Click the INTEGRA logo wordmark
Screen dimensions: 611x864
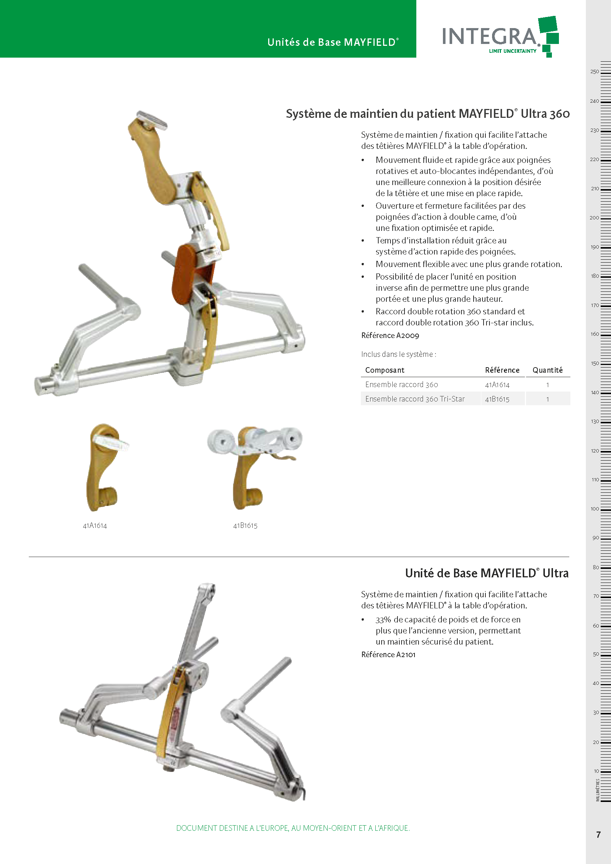(489, 36)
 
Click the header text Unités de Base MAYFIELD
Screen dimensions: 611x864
(332, 42)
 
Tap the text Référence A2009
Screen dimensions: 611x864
(390, 335)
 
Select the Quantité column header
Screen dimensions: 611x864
(547, 370)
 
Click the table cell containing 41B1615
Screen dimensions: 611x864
(497, 399)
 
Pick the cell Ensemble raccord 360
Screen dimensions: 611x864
(402, 385)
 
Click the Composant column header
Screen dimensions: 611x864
(385, 370)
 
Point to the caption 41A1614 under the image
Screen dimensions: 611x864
(95, 526)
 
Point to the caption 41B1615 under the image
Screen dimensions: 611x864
(245, 526)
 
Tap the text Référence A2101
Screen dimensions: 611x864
(388, 655)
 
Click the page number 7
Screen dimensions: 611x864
(598, 835)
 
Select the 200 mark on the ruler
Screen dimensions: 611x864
(594, 218)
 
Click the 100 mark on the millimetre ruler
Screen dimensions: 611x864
(595, 509)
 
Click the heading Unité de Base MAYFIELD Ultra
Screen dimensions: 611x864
(487, 573)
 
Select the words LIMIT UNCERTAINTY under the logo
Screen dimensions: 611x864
(512, 51)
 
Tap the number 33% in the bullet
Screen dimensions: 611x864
(383, 619)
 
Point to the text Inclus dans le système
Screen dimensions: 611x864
(399, 354)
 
